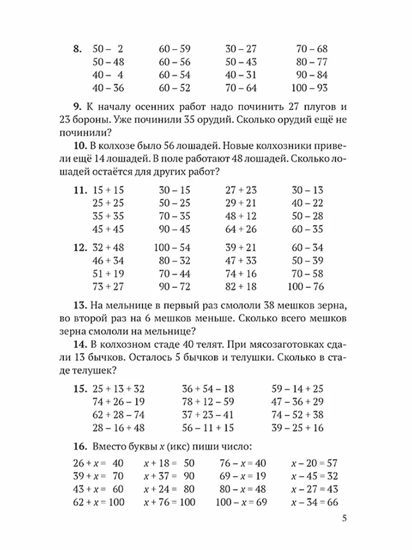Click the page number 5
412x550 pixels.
345,519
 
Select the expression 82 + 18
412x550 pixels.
242,287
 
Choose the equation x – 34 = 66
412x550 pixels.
314,502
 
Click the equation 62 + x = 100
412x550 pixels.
99,502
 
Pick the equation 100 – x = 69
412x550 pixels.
243,502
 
